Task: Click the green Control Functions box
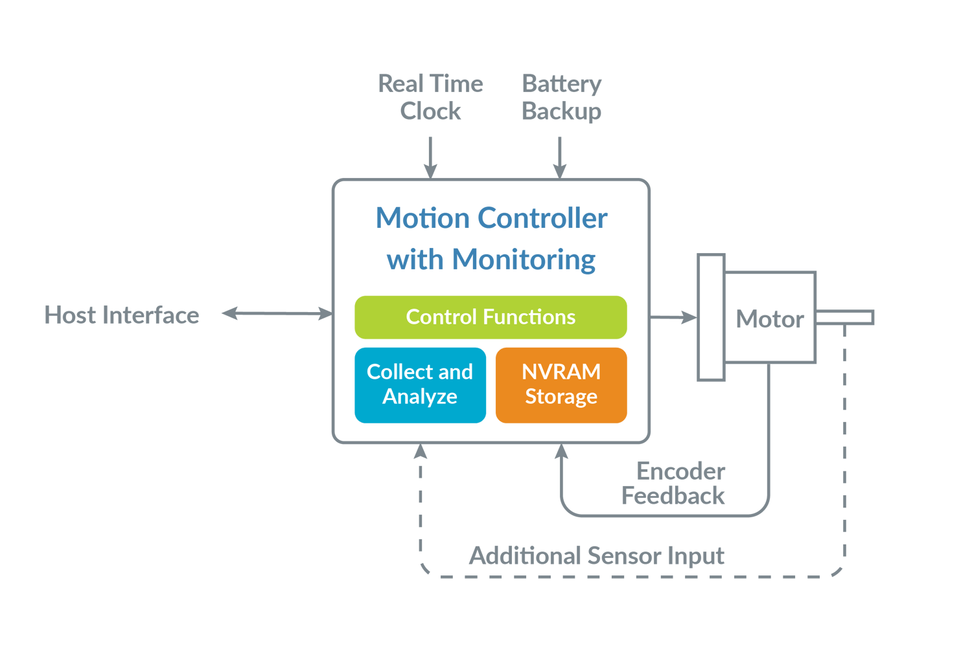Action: click(491, 317)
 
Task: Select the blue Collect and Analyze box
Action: click(420, 385)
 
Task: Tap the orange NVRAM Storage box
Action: click(561, 385)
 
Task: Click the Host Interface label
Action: click(122, 315)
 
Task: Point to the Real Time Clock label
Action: click(430, 97)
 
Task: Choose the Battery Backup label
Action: click(561, 97)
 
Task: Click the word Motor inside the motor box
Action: click(770, 319)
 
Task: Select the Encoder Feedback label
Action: click(674, 484)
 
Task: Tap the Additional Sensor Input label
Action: click(596, 556)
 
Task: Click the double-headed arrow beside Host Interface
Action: click(277, 314)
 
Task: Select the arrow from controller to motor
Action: click(674, 317)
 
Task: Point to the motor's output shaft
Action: click(845, 317)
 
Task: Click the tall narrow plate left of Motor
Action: click(711, 317)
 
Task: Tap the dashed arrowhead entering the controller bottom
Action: click(421, 451)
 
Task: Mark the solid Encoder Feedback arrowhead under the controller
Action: click(561, 451)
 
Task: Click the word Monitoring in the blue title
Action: click(524, 260)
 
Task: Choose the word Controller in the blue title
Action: click(543, 219)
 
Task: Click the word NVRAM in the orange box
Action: click(561, 372)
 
